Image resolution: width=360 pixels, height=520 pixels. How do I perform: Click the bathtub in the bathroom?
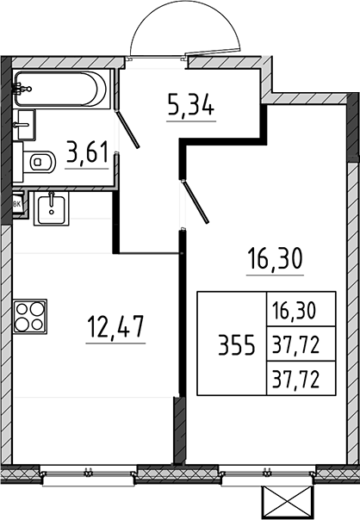(x=61, y=89)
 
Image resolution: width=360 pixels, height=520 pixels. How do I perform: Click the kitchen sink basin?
(x=51, y=208)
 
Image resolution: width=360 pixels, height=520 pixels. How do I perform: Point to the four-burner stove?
(x=30, y=316)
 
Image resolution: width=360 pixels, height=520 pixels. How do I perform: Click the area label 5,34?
(x=190, y=104)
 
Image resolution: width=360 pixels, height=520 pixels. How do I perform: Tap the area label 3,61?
(x=87, y=152)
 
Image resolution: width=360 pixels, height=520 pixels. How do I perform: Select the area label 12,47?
(x=115, y=326)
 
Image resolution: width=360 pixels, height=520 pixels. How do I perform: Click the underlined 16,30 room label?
(x=275, y=259)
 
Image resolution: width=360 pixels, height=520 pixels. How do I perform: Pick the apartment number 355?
(x=236, y=345)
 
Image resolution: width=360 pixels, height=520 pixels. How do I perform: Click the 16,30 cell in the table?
(x=294, y=311)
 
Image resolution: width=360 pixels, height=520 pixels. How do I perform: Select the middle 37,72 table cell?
(x=295, y=344)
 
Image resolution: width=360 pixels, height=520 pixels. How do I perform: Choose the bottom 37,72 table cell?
(x=295, y=380)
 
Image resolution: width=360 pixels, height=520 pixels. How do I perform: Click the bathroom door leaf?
(x=127, y=128)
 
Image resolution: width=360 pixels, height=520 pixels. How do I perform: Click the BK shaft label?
(x=17, y=204)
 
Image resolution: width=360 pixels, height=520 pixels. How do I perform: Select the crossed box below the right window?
(x=288, y=503)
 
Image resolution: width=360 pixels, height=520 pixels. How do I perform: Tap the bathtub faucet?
(x=21, y=89)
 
